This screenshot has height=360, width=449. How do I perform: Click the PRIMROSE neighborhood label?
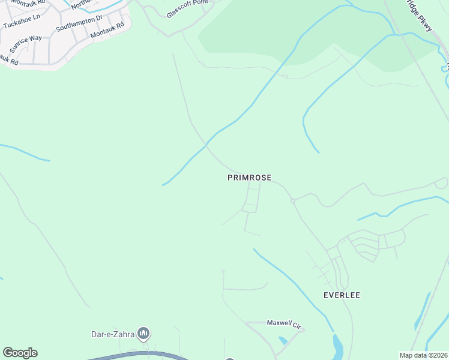pyautogui.click(x=249, y=178)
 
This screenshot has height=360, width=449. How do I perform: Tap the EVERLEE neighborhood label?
pyautogui.click(x=342, y=295)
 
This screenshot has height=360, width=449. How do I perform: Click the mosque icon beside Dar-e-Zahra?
pyautogui.click(x=143, y=332)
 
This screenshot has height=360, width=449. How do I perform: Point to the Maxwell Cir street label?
pyautogui.click(x=284, y=324)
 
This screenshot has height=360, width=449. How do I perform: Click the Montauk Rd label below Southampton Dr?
pyautogui.click(x=107, y=31)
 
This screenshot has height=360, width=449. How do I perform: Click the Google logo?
pyautogui.click(x=20, y=353)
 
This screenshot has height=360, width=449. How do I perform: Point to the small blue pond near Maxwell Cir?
pyautogui.click(x=283, y=341)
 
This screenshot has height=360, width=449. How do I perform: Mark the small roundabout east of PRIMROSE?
pyautogui.click(x=292, y=200)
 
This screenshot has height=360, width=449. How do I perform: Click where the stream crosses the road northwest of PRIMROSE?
pyautogui.click(x=206, y=145)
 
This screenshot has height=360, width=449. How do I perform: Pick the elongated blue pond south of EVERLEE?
pyautogui.click(x=337, y=346)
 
